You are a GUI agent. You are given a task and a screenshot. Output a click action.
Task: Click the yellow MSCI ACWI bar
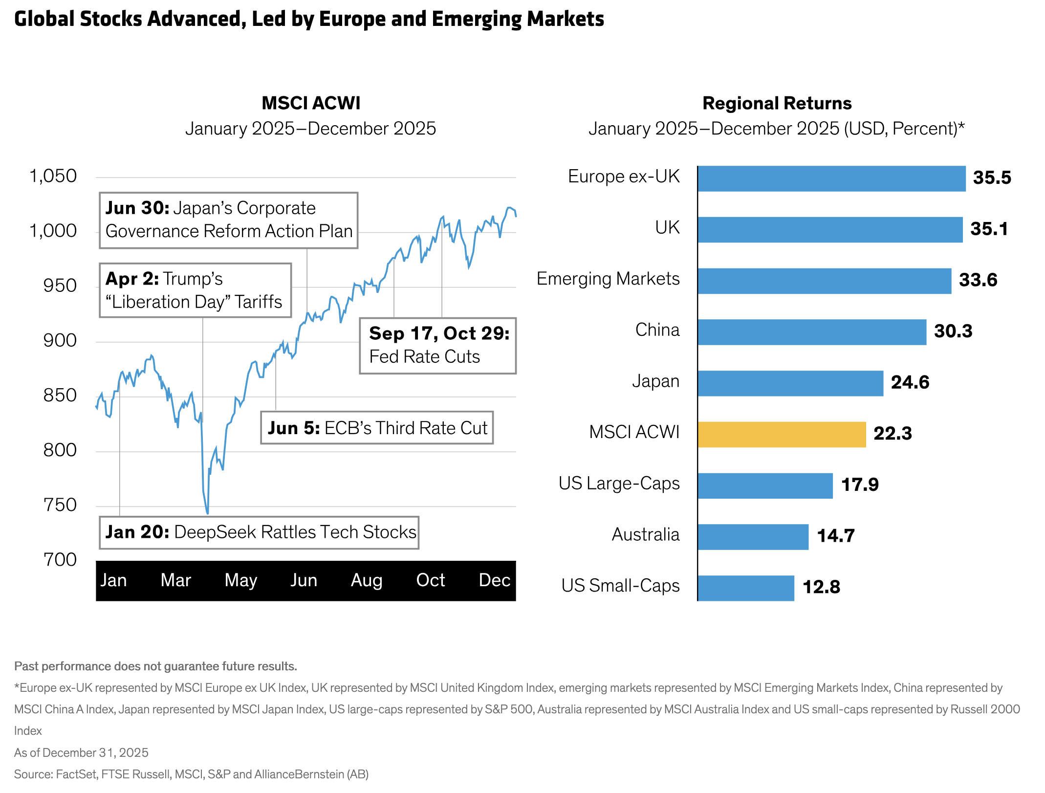pyautogui.click(x=782, y=434)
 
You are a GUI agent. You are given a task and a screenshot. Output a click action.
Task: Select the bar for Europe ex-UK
pyautogui.click(x=831, y=178)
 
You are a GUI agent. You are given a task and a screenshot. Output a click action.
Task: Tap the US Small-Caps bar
pyautogui.click(x=746, y=588)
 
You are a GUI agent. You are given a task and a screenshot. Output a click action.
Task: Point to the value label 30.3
pyautogui.click(x=953, y=331)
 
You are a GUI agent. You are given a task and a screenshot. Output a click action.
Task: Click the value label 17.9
pyautogui.click(x=859, y=485)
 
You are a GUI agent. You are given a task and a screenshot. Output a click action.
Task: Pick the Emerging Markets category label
pyautogui.click(x=608, y=279)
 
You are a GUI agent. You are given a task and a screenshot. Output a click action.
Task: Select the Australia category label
pyautogui.click(x=645, y=535)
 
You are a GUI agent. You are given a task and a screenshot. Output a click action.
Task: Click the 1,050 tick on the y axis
pyautogui.click(x=53, y=176)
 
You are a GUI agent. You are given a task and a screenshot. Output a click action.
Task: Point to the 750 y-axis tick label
pyautogui.click(x=60, y=505)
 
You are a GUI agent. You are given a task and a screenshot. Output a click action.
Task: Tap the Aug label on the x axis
pyautogui.click(x=367, y=580)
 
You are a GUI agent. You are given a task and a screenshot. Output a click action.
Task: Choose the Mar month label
pyautogui.click(x=175, y=580)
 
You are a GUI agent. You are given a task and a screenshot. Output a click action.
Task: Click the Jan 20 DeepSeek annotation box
pyautogui.click(x=259, y=532)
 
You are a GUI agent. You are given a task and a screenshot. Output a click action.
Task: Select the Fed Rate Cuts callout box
pyautogui.click(x=438, y=346)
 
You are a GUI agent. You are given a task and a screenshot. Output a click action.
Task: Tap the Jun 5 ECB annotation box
pyautogui.click(x=377, y=428)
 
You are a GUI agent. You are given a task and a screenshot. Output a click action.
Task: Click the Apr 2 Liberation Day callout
pyautogui.click(x=195, y=290)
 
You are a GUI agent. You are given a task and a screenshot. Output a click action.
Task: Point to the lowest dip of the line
pyautogui.click(x=207, y=513)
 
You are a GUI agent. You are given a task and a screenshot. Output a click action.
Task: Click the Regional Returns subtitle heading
pyautogui.click(x=777, y=104)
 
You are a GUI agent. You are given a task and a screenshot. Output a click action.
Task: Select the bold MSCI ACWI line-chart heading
pyautogui.click(x=311, y=103)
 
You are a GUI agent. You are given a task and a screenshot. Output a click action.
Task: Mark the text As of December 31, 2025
pyautogui.click(x=81, y=752)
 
